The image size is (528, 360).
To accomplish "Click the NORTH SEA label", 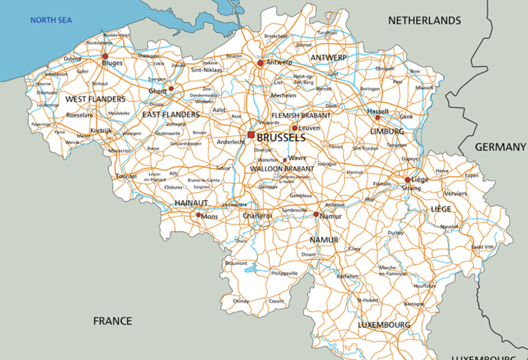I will pyautogui.click(x=51, y=20).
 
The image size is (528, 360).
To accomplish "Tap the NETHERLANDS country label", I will pyautogui.click(x=425, y=20).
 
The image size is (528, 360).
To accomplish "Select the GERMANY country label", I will pyautogui.click(x=500, y=147).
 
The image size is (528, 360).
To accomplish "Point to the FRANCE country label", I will pyautogui.click(x=113, y=321).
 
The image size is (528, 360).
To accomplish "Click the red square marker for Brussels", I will pyautogui.click(x=251, y=135).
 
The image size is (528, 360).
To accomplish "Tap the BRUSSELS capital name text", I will pyautogui.click(x=281, y=137).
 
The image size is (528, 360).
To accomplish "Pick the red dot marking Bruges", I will pyautogui.click(x=105, y=56).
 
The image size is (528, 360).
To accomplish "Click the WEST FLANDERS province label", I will pyautogui.click(x=95, y=99).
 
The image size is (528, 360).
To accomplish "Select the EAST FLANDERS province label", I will pyautogui.click(x=170, y=114).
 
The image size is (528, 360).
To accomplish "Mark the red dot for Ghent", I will pyautogui.click(x=171, y=89).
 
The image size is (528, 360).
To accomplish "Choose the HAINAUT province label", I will pyautogui.click(x=191, y=203).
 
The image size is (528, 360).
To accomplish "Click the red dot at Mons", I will pyautogui.click(x=199, y=215).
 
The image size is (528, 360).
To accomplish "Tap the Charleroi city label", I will pyautogui.click(x=257, y=216).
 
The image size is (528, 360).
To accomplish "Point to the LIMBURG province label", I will pyautogui.click(x=387, y=131).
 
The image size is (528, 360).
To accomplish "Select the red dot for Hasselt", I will pyautogui.click(x=377, y=118).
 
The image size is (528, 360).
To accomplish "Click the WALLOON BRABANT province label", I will pyautogui.click(x=282, y=169).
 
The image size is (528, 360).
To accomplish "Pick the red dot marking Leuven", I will pyautogui.click(x=294, y=128).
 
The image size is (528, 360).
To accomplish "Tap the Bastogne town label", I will pyautogui.click(x=413, y=304).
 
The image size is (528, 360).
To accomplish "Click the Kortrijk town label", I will pyautogui.click(x=101, y=131).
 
